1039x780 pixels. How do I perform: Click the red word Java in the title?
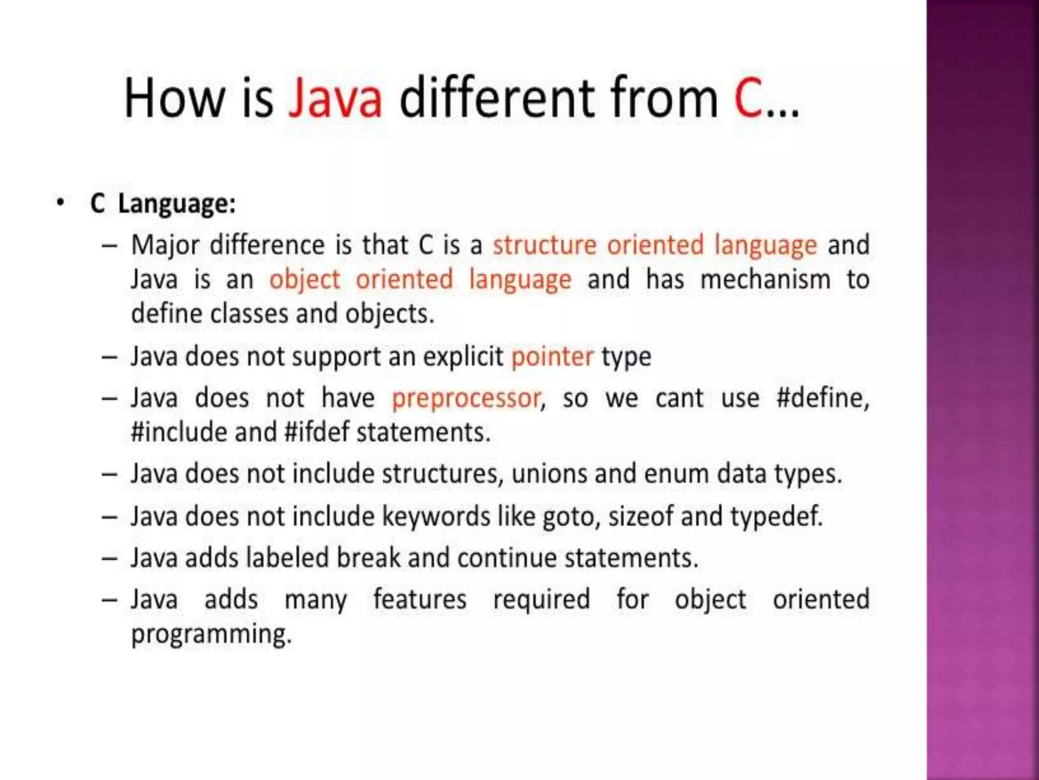point(335,97)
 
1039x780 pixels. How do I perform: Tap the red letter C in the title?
point(748,97)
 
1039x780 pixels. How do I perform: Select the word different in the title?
point(497,97)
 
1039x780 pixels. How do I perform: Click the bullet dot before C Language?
point(61,203)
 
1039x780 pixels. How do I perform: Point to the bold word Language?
point(177,205)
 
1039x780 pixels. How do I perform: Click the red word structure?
point(544,245)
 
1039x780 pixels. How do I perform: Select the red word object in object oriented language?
point(304,280)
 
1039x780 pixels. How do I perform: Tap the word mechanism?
point(765,280)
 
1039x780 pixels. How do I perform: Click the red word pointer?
point(552,357)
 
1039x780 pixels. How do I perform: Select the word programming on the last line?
point(211,635)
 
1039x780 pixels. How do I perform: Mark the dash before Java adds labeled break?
point(110,559)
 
